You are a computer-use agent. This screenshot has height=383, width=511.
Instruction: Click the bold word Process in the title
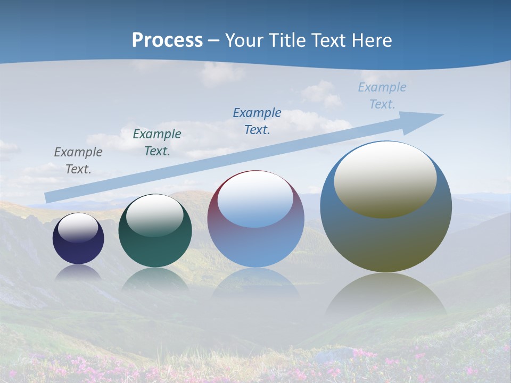[167, 40]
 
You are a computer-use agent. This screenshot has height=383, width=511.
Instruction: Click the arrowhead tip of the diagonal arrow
[442, 115]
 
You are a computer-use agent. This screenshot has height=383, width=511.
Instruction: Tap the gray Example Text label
[78, 161]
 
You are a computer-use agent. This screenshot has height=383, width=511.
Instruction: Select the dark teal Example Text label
[157, 143]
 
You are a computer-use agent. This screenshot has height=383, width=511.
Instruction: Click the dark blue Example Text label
[257, 121]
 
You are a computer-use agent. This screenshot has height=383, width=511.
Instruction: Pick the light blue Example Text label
[382, 96]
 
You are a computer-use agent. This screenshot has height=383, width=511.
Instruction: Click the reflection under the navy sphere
[78, 272]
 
